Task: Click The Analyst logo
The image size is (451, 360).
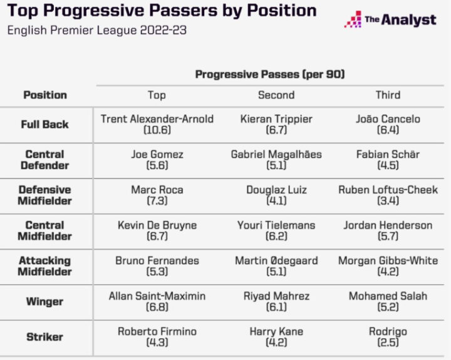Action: pyautogui.click(x=390, y=19)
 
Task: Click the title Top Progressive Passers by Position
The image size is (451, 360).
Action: pyautogui.click(x=162, y=11)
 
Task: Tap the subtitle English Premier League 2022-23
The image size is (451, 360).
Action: pyautogui.click(x=97, y=30)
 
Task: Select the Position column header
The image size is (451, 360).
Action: pyautogui.click(x=45, y=95)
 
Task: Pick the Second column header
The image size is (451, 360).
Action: pyautogui.click(x=276, y=95)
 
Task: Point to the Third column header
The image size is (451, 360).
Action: pyautogui.click(x=388, y=95)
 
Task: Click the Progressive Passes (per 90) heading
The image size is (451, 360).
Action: pyautogui.click(x=270, y=74)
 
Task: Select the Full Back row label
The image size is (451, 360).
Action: pyautogui.click(x=45, y=124)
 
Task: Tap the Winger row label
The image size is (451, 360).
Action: pyautogui.click(x=45, y=301)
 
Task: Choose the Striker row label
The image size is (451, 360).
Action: pyautogui.click(x=45, y=337)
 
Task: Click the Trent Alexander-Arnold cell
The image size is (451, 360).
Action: pyautogui.click(x=157, y=124)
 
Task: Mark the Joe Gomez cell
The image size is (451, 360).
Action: pyautogui.click(x=157, y=160)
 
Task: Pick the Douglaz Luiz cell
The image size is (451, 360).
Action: pyautogui.click(x=276, y=195)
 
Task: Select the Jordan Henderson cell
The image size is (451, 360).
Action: pyautogui.click(x=388, y=230)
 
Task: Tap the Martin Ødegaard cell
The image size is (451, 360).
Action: pyautogui.click(x=276, y=265)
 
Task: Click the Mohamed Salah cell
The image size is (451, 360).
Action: pyautogui.click(x=388, y=301)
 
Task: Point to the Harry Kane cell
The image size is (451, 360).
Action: pyautogui.click(x=276, y=337)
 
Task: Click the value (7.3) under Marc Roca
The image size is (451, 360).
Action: pyautogui.click(x=157, y=200)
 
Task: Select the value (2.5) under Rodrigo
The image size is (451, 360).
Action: pyautogui.click(x=388, y=342)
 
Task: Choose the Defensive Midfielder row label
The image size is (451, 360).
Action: pyautogui.click(x=45, y=195)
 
